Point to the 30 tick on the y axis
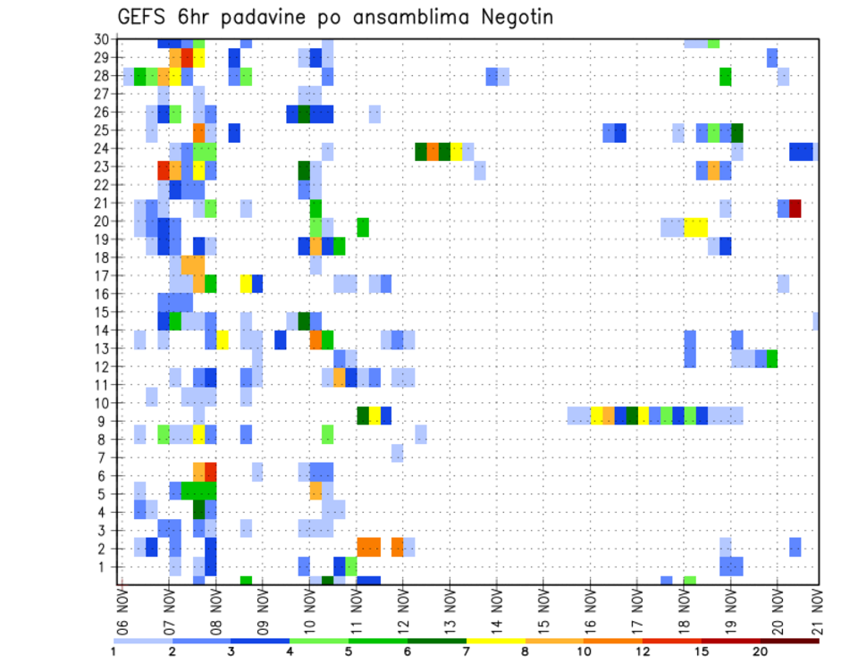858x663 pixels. (102, 39)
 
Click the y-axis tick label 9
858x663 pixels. (106, 421)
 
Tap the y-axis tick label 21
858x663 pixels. (102, 203)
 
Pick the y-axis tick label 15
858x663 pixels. (102, 312)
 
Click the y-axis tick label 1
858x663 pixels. (106, 566)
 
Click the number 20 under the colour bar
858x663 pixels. (761, 651)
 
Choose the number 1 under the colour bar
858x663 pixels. (114, 651)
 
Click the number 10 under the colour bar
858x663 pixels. (585, 651)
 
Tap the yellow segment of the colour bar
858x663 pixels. (496, 641)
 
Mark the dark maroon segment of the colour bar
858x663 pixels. (790, 641)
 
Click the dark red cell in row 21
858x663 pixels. (795, 208)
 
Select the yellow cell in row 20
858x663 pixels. (695, 226)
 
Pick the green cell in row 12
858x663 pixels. (772, 358)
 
